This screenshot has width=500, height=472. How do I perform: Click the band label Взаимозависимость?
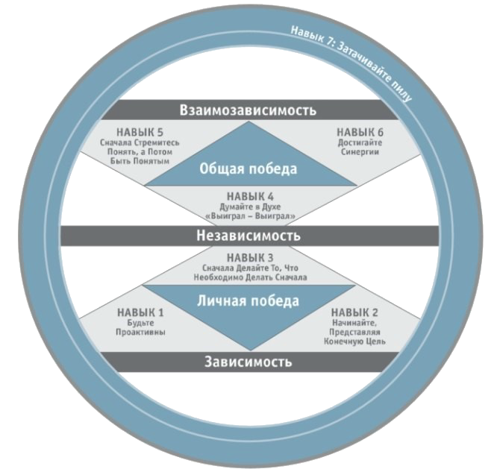click(249, 110)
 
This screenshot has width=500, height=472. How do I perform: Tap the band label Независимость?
click(249, 236)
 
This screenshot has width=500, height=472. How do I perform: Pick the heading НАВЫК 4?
click(249, 197)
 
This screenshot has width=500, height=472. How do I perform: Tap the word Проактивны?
click(141, 333)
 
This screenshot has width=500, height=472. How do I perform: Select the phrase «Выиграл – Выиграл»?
click(249, 217)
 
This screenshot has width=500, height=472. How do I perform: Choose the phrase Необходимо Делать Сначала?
click(249, 277)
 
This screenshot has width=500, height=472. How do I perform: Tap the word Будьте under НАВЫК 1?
click(141, 324)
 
